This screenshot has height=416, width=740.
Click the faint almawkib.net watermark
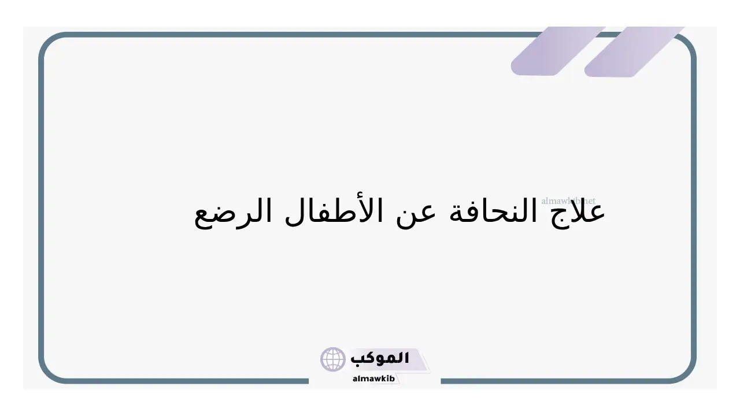pyautogui.click(x=568, y=200)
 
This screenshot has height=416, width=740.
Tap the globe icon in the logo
pyautogui.click(x=332, y=359)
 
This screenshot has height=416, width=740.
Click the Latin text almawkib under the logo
pyautogui.click(x=373, y=378)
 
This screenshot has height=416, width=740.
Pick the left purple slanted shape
pyautogui.click(x=558, y=51)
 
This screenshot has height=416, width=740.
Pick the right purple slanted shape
pyautogui.click(x=634, y=52)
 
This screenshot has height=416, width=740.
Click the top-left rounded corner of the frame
pyautogui.click(x=50, y=43)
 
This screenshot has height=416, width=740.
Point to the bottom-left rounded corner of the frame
pyautogui.click(x=50, y=373)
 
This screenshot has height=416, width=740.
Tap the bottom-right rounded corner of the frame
pyautogui.click(x=686, y=373)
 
